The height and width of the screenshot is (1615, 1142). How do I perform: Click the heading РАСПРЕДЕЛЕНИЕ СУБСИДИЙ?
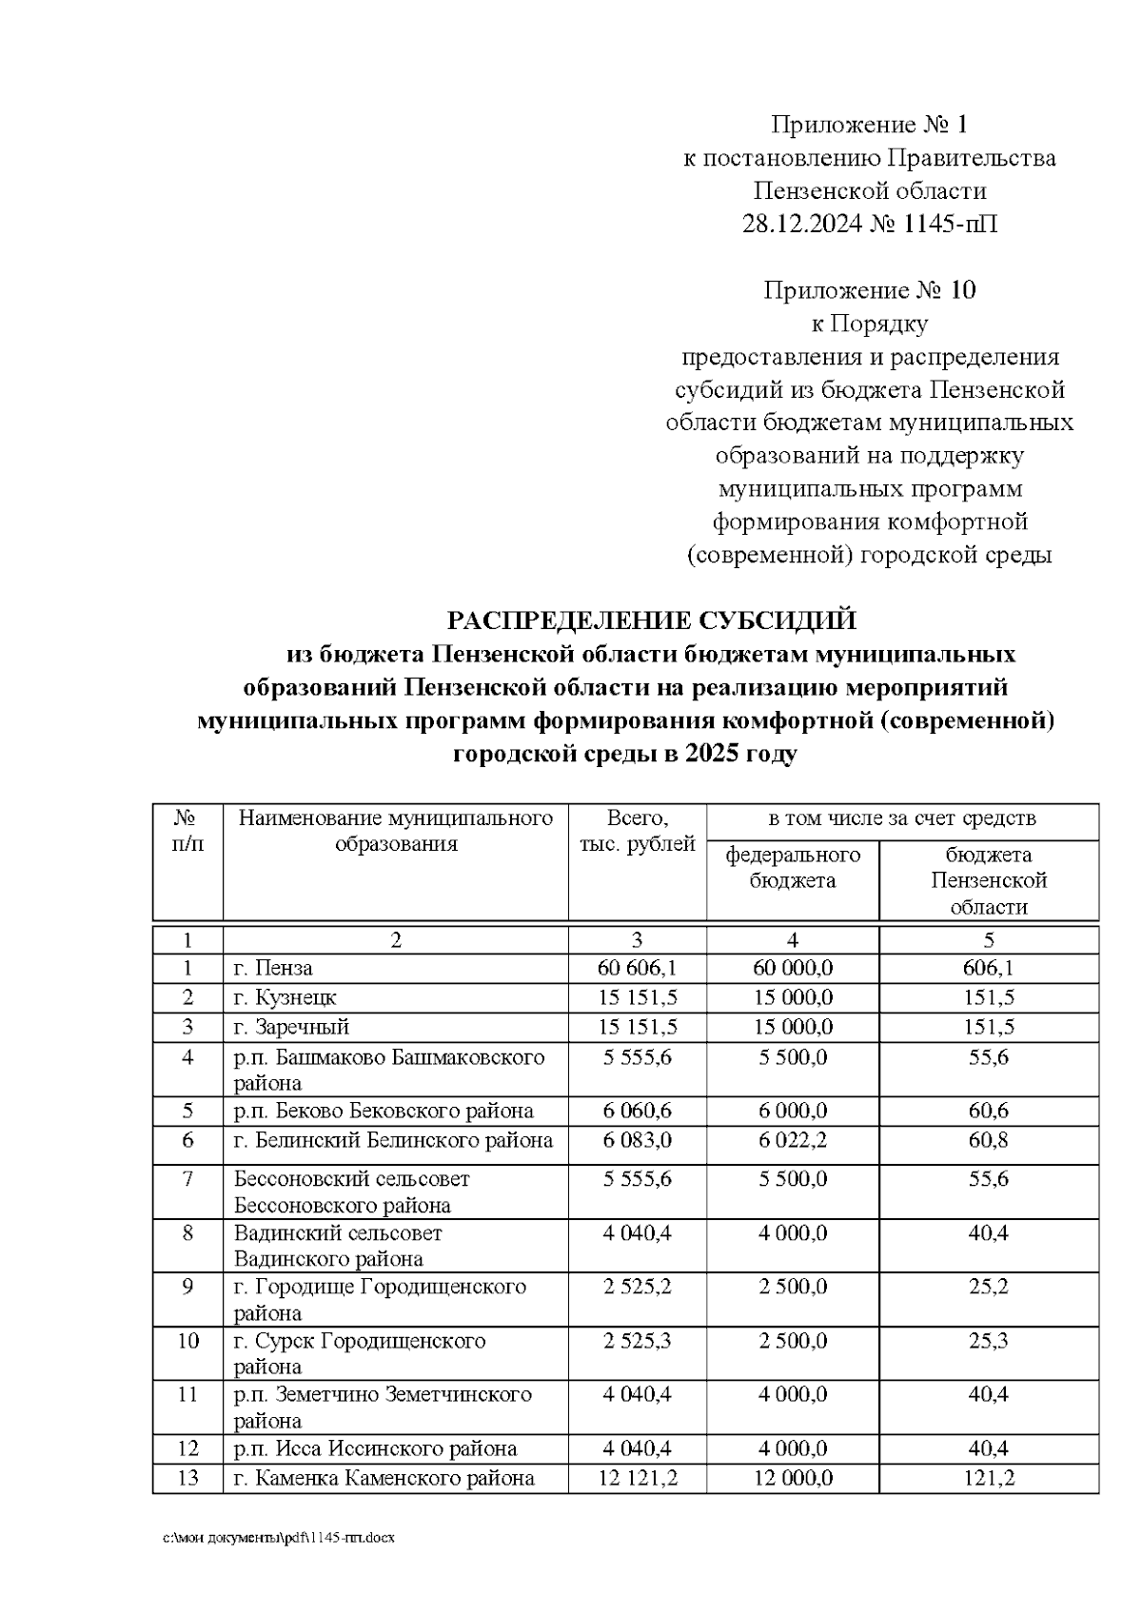(x=652, y=621)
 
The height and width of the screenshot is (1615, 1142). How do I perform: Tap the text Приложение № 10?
(x=869, y=290)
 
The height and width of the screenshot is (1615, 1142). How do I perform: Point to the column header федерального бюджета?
(x=793, y=867)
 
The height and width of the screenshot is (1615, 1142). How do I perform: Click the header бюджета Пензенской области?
(x=989, y=880)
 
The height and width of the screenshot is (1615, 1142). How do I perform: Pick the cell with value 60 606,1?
(x=637, y=969)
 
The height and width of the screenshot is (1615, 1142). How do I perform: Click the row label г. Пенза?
(x=274, y=969)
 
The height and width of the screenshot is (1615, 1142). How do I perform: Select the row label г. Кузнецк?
(x=285, y=998)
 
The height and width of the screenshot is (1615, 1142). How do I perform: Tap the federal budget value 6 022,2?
(x=793, y=1140)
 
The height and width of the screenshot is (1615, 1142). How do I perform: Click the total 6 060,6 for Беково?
(x=637, y=1111)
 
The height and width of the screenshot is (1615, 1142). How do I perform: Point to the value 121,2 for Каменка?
(x=989, y=1478)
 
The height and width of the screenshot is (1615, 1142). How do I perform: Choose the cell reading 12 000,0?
(x=793, y=1478)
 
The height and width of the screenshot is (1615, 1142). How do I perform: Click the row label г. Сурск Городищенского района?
(x=360, y=1353)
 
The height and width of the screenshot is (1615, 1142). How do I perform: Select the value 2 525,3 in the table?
(x=637, y=1341)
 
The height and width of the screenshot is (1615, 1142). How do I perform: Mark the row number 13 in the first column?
(x=187, y=1478)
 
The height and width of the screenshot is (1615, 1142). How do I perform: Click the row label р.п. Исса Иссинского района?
(x=376, y=1448)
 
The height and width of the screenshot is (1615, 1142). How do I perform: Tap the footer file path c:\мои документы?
(x=278, y=1538)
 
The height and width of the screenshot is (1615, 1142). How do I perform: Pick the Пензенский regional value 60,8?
(x=989, y=1140)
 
